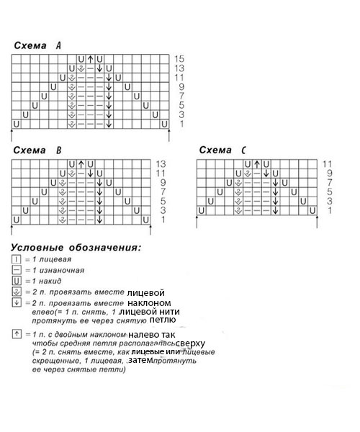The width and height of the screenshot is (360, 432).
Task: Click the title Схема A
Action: (x=37, y=46)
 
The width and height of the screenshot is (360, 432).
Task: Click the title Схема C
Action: (x=222, y=150)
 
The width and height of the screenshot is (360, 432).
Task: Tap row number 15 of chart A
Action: (x=179, y=58)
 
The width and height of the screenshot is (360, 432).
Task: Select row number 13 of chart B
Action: (x=161, y=164)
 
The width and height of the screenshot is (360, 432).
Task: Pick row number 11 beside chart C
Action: (x=327, y=164)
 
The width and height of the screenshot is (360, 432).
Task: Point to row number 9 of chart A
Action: (x=179, y=86)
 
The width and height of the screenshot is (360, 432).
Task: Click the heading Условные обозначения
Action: (x=76, y=248)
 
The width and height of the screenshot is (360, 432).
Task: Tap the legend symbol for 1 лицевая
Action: (x=16, y=258)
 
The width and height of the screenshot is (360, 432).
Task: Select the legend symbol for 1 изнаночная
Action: (x=16, y=269)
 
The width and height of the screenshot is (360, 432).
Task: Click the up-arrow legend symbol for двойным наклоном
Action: (x=16, y=336)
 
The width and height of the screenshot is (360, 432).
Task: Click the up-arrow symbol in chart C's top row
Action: (x=257, y=164)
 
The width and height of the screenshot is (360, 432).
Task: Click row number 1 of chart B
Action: (x=161, y=220)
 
